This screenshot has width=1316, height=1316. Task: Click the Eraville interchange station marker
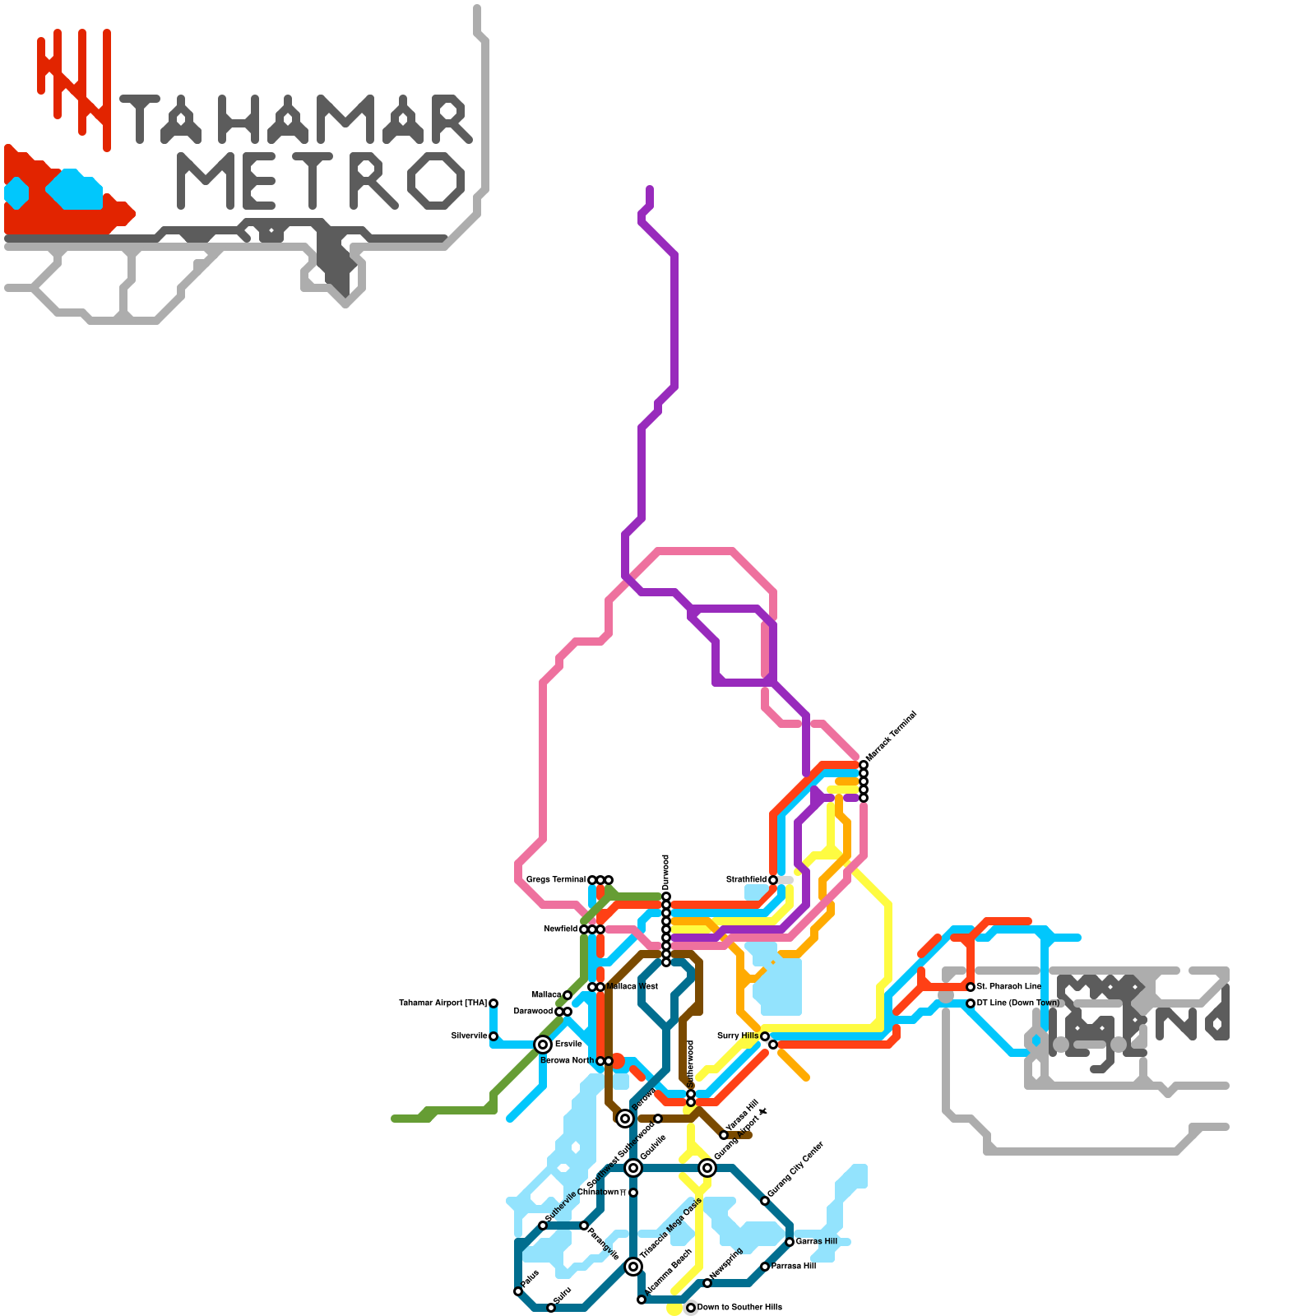[543, 1045]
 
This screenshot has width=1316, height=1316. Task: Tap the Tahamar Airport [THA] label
[443, 1003]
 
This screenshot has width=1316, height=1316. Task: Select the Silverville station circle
[493, 1036]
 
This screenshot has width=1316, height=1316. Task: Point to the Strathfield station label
[746, 880]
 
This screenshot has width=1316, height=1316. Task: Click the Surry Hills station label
[738, 1036]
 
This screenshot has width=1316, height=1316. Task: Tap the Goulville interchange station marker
[633, 1168]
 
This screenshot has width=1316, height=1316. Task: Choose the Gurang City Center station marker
[765, 1201]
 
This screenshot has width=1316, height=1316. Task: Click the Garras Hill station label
[817, 1242]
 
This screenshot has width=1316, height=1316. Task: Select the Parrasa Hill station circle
[765, 1267]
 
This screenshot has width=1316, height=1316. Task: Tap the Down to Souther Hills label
[739, 1308]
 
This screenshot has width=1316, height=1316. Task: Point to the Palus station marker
[518, 1291]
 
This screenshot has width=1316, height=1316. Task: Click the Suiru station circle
[551, 1308]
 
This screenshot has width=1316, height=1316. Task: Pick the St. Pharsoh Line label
[1009, 987]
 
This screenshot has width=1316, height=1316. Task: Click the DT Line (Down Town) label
[1018, 1003]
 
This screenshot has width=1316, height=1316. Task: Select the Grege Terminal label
[556, 880]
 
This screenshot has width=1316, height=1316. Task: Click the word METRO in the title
[321, 181]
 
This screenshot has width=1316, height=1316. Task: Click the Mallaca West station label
[633, 987]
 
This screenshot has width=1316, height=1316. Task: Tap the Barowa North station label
[567, 1061]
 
